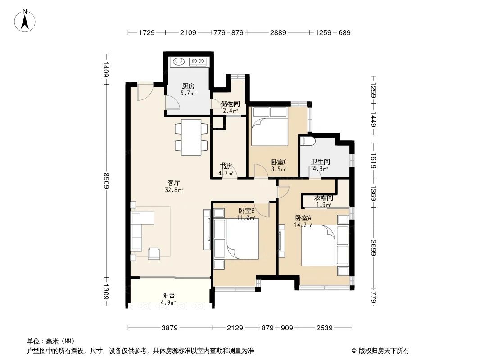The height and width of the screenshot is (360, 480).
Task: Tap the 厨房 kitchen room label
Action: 188,86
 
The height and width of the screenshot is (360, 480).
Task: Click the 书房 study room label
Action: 226,166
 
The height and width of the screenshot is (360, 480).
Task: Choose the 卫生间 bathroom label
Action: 321,162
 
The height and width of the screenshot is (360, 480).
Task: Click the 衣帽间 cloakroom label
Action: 323,198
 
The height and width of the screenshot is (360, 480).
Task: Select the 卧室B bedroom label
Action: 246,211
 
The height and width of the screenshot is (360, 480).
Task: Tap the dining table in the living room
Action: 191,137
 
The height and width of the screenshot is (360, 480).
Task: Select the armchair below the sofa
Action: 154,254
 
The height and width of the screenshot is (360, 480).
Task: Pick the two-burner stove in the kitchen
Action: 198,61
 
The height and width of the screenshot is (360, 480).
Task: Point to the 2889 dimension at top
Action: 278,32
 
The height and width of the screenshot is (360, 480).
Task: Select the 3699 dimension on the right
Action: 373,247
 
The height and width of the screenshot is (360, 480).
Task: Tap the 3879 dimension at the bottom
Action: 169,328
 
